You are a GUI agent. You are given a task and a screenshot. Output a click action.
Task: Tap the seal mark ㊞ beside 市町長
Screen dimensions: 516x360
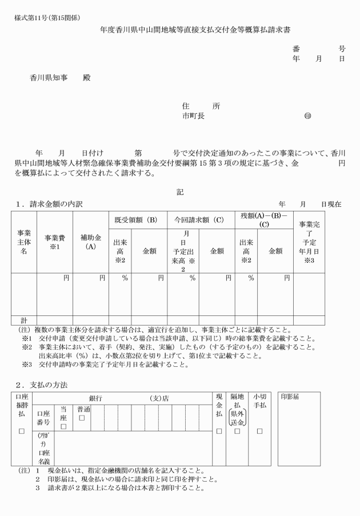point(308,115)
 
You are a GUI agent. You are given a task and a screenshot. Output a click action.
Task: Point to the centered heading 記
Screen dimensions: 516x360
point(180,192)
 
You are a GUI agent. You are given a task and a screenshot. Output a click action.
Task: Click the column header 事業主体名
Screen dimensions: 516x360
point(24,242)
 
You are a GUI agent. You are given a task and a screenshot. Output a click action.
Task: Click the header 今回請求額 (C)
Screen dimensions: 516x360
point(201,219)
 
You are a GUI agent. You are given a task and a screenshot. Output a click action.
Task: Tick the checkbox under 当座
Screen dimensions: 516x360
point(63,426)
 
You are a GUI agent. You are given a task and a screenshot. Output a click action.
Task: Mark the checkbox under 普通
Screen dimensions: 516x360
point(83,418)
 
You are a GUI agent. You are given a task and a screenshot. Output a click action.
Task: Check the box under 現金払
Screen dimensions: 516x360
point(219,430)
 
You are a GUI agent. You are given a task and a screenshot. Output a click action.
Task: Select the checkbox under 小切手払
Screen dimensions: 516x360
point(259,430)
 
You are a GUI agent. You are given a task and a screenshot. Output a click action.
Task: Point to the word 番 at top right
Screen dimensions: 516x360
point(296,49)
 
